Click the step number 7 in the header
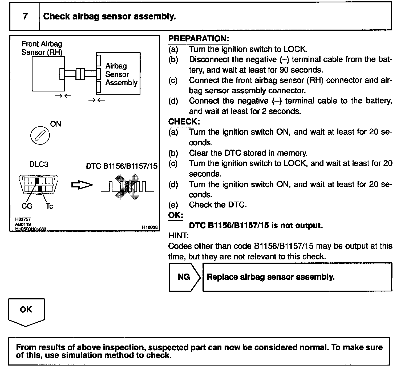pos(25,16)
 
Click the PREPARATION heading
pos(199,39)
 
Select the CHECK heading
pos(184,122)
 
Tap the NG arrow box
pos(184,277)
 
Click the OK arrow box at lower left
pos(26,311)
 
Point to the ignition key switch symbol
pos(40,135)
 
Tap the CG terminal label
pos(27,206)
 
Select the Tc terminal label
pos(50,206)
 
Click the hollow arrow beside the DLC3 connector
pos(82,185)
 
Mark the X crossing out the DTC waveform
pos(127,187)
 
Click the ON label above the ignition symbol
pos(56,124)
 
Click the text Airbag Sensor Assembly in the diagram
pos(121,74)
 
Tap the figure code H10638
pos(150,227)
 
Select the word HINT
pos(178,236)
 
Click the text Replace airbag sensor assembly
pos(270,277)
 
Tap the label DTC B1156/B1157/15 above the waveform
pos(122,166)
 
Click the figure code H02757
pos(23,219)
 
